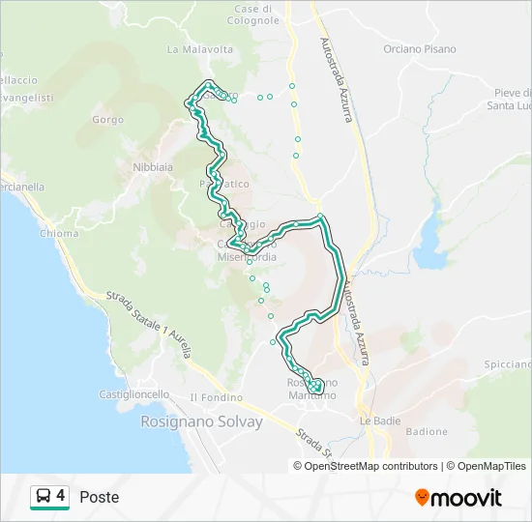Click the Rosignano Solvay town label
coord(201,422)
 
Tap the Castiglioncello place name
coord(134,394)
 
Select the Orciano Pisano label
coord(419,48)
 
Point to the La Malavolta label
coord(200,48)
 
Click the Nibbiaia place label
coord(153,166)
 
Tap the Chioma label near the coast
coord(60,233)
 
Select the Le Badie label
coord(379,420)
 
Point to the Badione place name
coord(427,431)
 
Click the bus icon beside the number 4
coord(44,497)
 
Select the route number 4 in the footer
coord(61,497)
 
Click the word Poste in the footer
coord(100,497)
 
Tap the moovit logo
coord(458,498)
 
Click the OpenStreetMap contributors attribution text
coord(371,466)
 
